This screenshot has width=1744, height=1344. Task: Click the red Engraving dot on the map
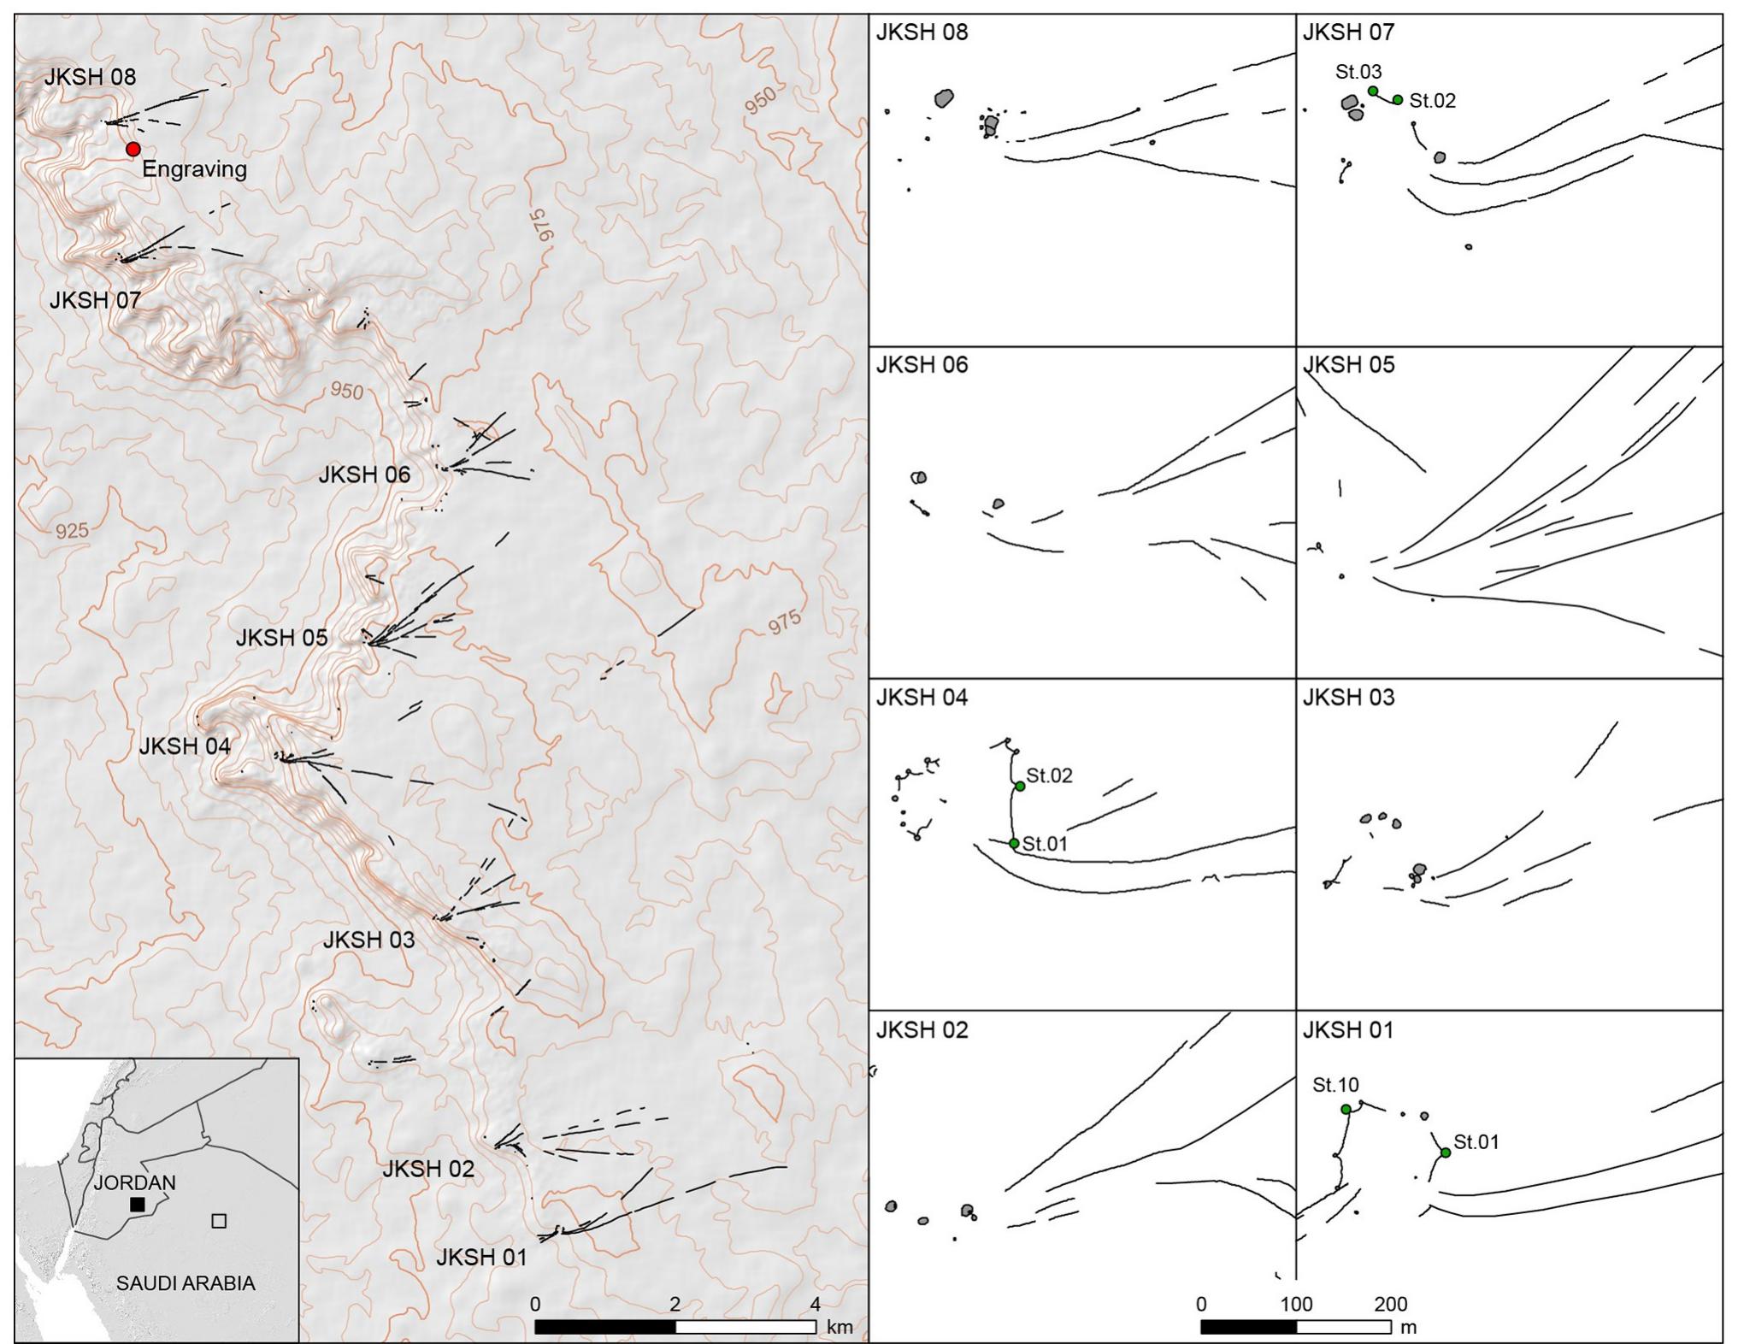click(x=133, y=150)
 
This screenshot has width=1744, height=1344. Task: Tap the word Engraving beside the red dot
click(x=194, y=169)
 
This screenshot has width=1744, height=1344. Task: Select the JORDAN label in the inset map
click(x=134, y=1182)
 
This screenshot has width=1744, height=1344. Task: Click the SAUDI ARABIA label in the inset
click(x=186, y=1283)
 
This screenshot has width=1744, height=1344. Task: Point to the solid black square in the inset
click(x=137, y=1204)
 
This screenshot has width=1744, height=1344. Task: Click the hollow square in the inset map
click(x=219, y=1221)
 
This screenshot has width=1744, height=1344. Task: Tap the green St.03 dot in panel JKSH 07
click(x=1372, y=91)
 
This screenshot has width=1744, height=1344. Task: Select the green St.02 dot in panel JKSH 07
click(x=1398, y=100)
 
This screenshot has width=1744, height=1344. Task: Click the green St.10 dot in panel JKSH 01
click(x=1346, y=1110)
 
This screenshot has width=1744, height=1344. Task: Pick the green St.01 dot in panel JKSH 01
click(x=1446, y=1153)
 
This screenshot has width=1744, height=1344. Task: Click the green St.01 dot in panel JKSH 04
click(x=1014, y=844)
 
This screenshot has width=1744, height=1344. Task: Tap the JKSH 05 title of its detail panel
click(x=1348, y=365)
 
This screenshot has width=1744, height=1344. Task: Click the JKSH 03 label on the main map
click(x=368, y=940)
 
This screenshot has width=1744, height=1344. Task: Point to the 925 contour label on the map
click(x=72, y=531)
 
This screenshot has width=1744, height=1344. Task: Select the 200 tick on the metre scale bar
click(x=1391, y=1305)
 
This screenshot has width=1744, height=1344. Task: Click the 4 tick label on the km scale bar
click(x=815, y=1305)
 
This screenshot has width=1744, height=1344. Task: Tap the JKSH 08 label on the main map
click(x=90, y=77)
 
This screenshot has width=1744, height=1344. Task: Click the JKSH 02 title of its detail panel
click(x=922, y=1030)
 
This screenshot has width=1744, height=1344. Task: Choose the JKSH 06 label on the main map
click(x=364, y=475)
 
